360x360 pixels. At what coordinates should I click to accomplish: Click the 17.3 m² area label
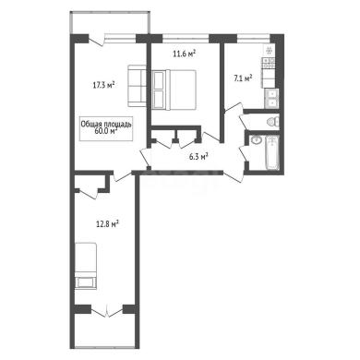pos(104,85)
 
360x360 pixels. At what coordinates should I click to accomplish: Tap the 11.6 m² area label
pos(185,54)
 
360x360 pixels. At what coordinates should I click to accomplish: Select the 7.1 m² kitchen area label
pos(243,78)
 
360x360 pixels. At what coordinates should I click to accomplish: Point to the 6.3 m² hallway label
pos(198,157)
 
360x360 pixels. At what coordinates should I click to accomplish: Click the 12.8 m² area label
pos(107,223)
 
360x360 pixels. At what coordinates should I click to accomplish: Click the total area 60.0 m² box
pos(106,128)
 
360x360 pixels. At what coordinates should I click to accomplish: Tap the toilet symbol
pos(272,122)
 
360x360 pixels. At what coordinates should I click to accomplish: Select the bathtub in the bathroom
pos(272,153)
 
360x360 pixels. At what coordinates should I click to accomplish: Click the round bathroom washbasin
pos(256,140)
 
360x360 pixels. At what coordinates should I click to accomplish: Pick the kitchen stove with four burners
pos(269,64)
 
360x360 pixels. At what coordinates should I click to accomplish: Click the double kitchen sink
pos(271,98)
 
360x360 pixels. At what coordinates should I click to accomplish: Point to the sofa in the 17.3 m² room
pos(137,86)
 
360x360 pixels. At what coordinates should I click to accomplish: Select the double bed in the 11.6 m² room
pos(174,90)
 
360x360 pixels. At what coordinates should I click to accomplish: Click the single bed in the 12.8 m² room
pos(86,266)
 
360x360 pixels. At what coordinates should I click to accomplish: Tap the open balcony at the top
pos(110,22)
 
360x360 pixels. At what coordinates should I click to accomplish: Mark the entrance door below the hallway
pos(234,177)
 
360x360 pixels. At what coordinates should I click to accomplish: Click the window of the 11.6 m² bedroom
pos(186,38)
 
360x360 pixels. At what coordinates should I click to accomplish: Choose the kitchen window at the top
pos(254,38)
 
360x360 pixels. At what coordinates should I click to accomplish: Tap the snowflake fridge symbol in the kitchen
pos(269,50)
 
